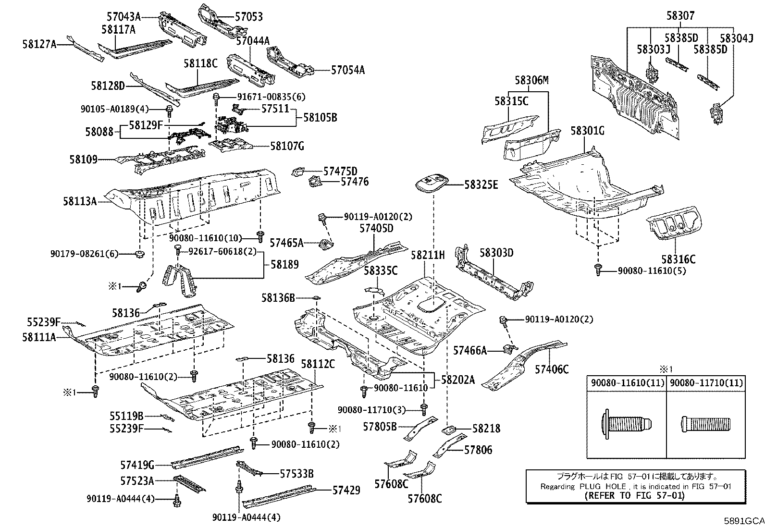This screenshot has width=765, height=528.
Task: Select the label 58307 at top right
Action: (x=680, y=16)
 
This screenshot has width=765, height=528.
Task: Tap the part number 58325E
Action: (x=481, y=184)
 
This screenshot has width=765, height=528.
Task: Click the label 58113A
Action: (x=79, y=201)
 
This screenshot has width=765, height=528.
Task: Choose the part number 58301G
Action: (x=588, y=131)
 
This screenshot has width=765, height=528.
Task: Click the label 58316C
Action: (x=678, y=259)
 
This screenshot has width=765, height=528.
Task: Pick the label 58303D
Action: (x=496, y=253)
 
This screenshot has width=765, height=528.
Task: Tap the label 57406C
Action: (x=552, y=369)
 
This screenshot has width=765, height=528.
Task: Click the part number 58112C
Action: (x=318, y=364)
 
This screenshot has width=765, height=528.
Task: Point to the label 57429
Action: (x=346, y=490)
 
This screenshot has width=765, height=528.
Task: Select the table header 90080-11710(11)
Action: (x=706, y=383)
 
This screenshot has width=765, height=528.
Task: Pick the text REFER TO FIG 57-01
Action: (x=634, y=495)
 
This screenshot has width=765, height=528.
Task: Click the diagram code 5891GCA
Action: (x=744, y=520)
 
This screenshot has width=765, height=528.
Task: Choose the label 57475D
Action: (x=340, y=171)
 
